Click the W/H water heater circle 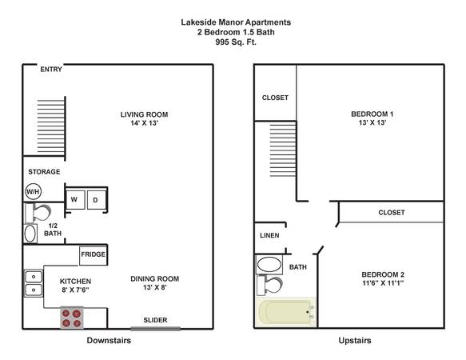(33, 192)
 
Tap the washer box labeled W (75, 200)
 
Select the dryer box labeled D (96, 200)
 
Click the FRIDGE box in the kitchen (94, 255)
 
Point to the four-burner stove (72, 318)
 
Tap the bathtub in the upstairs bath (285, 312)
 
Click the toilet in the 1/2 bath (38, 213)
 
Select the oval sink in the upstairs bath (269, 265)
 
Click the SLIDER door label (155, 320)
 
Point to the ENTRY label (51, 70)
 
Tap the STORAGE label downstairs (44, 172)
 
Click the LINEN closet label (269, 236)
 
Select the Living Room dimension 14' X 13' (144, 123)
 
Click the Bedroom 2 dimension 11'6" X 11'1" (383, 283)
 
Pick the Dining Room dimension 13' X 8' (155, 287)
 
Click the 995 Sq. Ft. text (236, 42)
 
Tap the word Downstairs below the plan (109, 340)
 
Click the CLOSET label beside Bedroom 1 (275, 98)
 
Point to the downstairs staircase (51, 126)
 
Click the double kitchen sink (34, 283)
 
